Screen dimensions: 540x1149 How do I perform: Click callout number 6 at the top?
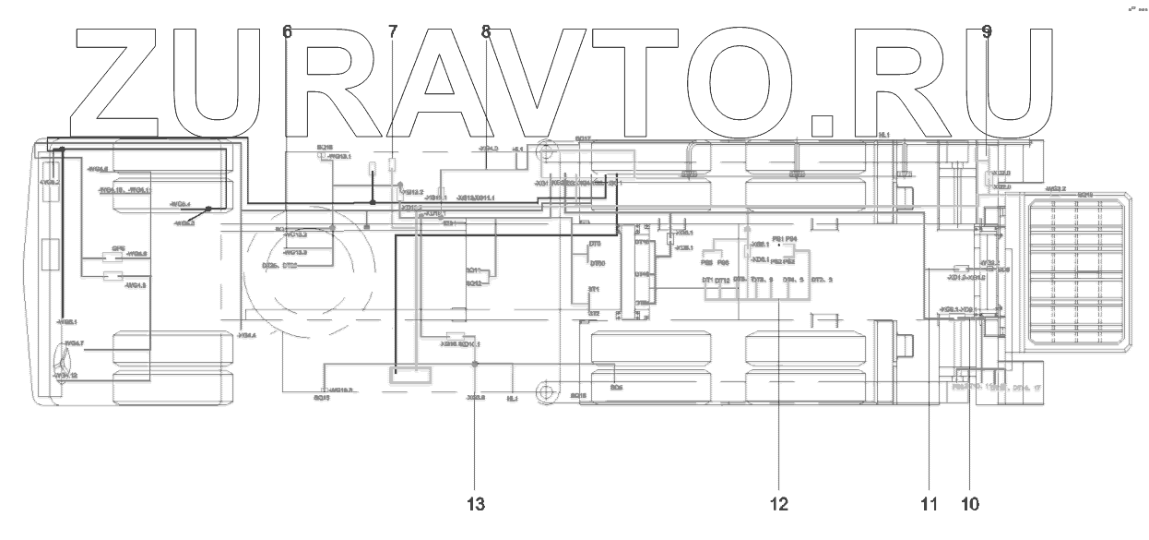288,31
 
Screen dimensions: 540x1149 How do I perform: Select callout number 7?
393,31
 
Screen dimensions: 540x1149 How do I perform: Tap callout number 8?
486,31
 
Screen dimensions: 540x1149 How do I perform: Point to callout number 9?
987,31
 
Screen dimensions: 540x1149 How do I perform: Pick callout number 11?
928,504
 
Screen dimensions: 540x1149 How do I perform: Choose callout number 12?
778,504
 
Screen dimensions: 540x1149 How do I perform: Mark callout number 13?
475,504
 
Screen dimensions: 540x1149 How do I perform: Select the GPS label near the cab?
118,248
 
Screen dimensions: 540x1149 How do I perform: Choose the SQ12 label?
474,283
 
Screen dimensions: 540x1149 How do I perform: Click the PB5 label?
706,262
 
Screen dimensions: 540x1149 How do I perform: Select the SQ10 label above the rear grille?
1084,195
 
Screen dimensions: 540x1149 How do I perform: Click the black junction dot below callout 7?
373,201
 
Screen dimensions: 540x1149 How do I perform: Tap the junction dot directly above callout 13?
475,366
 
